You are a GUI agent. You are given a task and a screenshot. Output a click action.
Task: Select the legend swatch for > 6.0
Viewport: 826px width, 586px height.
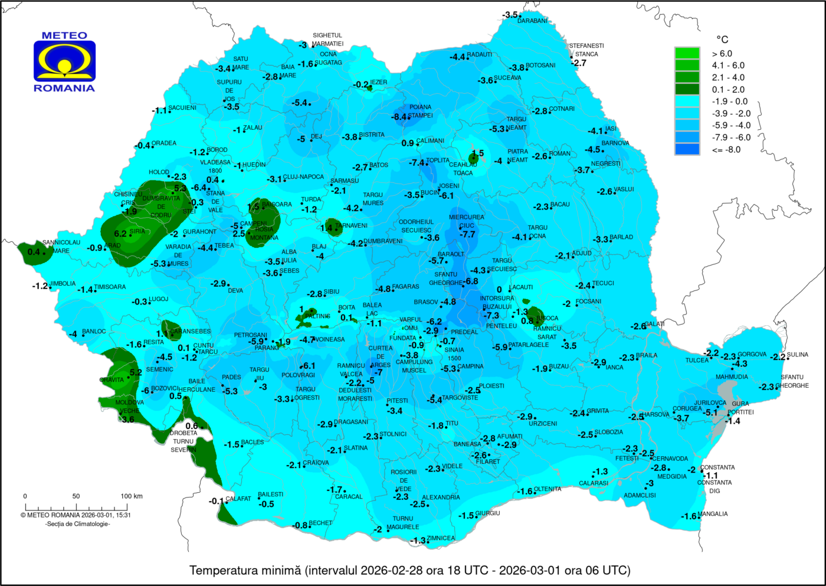coord(687,53)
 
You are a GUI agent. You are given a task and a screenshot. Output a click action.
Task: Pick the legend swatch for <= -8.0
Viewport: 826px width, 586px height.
coord(687,149)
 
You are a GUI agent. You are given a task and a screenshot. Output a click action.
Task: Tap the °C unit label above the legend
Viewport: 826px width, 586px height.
coord(722,40)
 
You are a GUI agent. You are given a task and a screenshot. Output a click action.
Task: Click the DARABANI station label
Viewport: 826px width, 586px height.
coord(532,21)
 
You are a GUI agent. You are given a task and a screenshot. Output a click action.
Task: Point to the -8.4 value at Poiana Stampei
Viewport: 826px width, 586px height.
coord(399,117)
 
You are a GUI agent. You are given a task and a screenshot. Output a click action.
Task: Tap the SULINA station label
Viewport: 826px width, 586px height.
coord(797,355)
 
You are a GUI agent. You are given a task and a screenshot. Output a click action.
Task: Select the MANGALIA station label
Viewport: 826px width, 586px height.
coord(712,514)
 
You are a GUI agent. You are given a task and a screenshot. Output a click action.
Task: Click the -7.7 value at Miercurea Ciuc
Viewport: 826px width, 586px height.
coord(467,234)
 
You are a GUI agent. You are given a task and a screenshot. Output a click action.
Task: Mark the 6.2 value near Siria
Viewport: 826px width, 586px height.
coord(120,234)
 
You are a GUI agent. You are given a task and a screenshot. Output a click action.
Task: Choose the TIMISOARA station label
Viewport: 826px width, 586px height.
coord(110,287)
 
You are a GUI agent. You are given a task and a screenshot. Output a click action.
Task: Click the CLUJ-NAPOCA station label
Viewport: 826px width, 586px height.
coord(303,177)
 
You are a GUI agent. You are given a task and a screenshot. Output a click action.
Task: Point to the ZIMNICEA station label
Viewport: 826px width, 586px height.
coord(441,538)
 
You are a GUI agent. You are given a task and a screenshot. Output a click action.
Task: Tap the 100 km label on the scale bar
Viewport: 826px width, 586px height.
coord(131,496)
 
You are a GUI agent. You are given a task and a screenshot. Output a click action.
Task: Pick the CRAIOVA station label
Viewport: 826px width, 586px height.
coord(316,463)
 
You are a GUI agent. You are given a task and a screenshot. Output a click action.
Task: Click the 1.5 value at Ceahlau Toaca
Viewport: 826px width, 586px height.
coord(477,153)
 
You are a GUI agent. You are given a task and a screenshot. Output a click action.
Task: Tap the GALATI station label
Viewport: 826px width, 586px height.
coord(655,324)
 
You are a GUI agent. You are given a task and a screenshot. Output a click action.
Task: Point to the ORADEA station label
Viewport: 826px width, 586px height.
coord(164,143)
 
